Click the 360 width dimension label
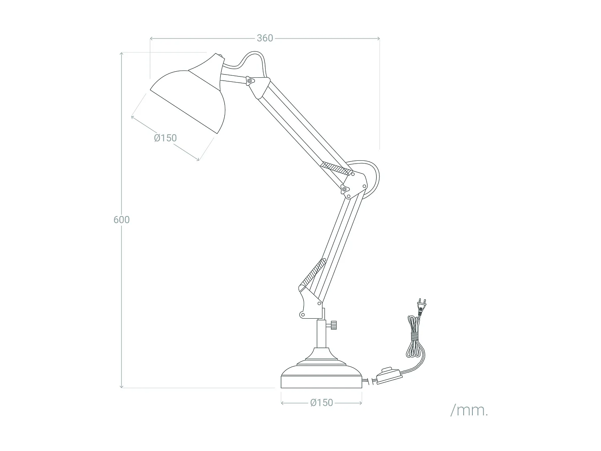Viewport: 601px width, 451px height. click(265, 38)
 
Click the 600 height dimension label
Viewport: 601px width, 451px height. click(121, 220)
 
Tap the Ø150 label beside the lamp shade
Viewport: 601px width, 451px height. click(165, 138)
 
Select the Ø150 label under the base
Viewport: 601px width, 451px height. click(321, 402)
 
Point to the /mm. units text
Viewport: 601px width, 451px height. click(469, 410)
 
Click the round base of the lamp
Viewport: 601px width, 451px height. click(322, 377)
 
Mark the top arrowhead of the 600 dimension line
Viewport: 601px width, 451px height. click(121, 53)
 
